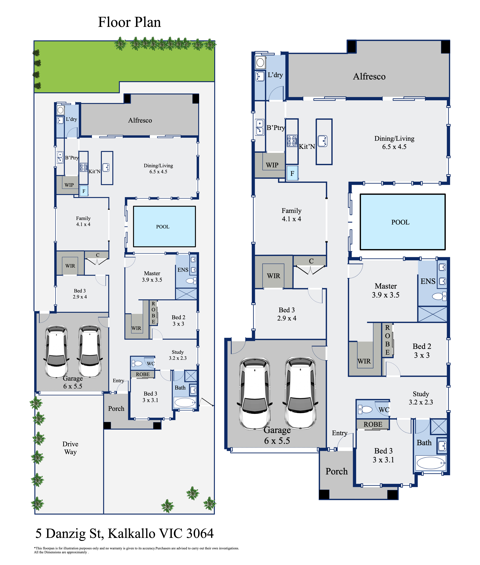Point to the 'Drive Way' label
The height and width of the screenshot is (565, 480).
(70, 448)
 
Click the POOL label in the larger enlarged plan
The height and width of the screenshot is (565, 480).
(400, 222)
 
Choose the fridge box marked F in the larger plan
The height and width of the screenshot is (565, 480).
(292, 173)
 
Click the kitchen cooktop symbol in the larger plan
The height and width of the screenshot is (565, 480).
(292, 141)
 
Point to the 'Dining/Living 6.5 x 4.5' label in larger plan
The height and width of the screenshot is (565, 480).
(394, 142)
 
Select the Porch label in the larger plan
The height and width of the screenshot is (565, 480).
(337, 471)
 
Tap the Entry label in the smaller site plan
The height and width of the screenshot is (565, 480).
(118, 381)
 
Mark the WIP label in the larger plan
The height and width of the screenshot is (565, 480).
(272, 165)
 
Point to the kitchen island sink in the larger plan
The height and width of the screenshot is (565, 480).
(323, 141)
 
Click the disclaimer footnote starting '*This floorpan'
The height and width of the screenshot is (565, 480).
(136, 550)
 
